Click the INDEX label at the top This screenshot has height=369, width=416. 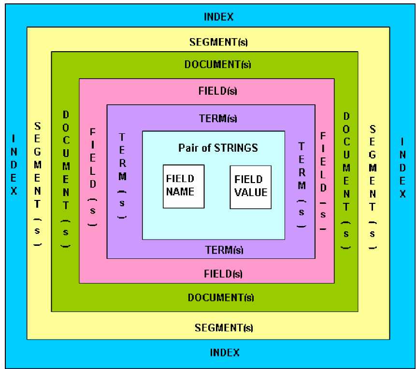pyautogui.click(x=218, y=17)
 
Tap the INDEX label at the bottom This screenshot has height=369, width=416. pyautogui.click(x=225, y=353)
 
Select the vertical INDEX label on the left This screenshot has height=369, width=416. pyautogui.click(x=14, y=165)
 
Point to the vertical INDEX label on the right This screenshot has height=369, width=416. pyautogui.click(x=402, y=168)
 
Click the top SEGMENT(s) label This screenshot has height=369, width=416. pyautogui.click(x=218, y=42)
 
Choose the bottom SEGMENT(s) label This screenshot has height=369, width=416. pyautogui.click(x=224, y=328)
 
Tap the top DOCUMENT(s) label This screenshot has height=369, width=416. pyautogui.click(x=218, y=64)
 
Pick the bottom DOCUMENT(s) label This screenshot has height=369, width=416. pyautogui.click(x=221, y=298)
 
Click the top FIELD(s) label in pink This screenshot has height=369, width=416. pyautogui.click(x=218, y=91)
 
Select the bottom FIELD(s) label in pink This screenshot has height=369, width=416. pyautogui.click(x=223, y=274)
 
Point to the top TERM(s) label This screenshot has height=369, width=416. pyautogui.click(x=218, y=118)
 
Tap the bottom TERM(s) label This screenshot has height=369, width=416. pyautogui.click(x=224, y=250)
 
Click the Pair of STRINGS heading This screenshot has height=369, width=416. pyautogui.click(x=218, y=148)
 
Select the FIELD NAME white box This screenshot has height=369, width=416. pyautogui.click(x=184, y=186)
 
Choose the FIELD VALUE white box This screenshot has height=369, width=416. pyautogui.click(x=251, y=187)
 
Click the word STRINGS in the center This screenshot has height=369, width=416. pyautogui.click(x=236, y=148)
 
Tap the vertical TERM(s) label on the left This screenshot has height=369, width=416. pyautogui.click(x=122, y=176)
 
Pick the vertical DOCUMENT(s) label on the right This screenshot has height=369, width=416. pyautogui.click(x=346, y=181)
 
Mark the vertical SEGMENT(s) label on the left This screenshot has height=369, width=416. pyautogui.click(x=38, y=184)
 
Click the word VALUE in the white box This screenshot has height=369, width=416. pyautogui.click(x=251, y=192)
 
